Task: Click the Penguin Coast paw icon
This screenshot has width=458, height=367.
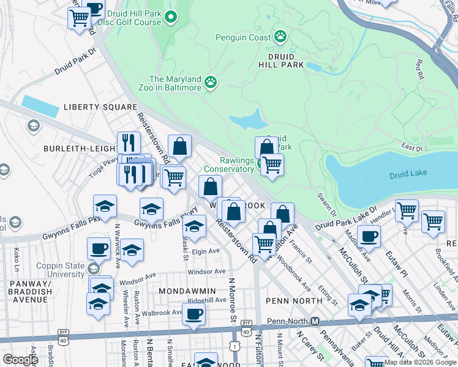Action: pos(280,37)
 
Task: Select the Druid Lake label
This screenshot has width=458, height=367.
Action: pos(408,175)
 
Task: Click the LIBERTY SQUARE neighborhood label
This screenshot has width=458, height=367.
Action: pos(100,107)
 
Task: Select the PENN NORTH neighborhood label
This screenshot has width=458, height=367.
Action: pos(294,301)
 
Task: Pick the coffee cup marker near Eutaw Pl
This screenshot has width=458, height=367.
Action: pos(368,235)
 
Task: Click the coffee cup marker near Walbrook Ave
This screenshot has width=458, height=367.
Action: pos(193,314)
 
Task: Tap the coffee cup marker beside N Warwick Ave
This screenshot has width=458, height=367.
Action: pos(98,248)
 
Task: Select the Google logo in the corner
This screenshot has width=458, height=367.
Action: pos(20,360)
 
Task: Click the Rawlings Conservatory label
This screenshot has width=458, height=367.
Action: pos(228,165)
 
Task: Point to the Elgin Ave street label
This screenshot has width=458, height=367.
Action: pos(205,251)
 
